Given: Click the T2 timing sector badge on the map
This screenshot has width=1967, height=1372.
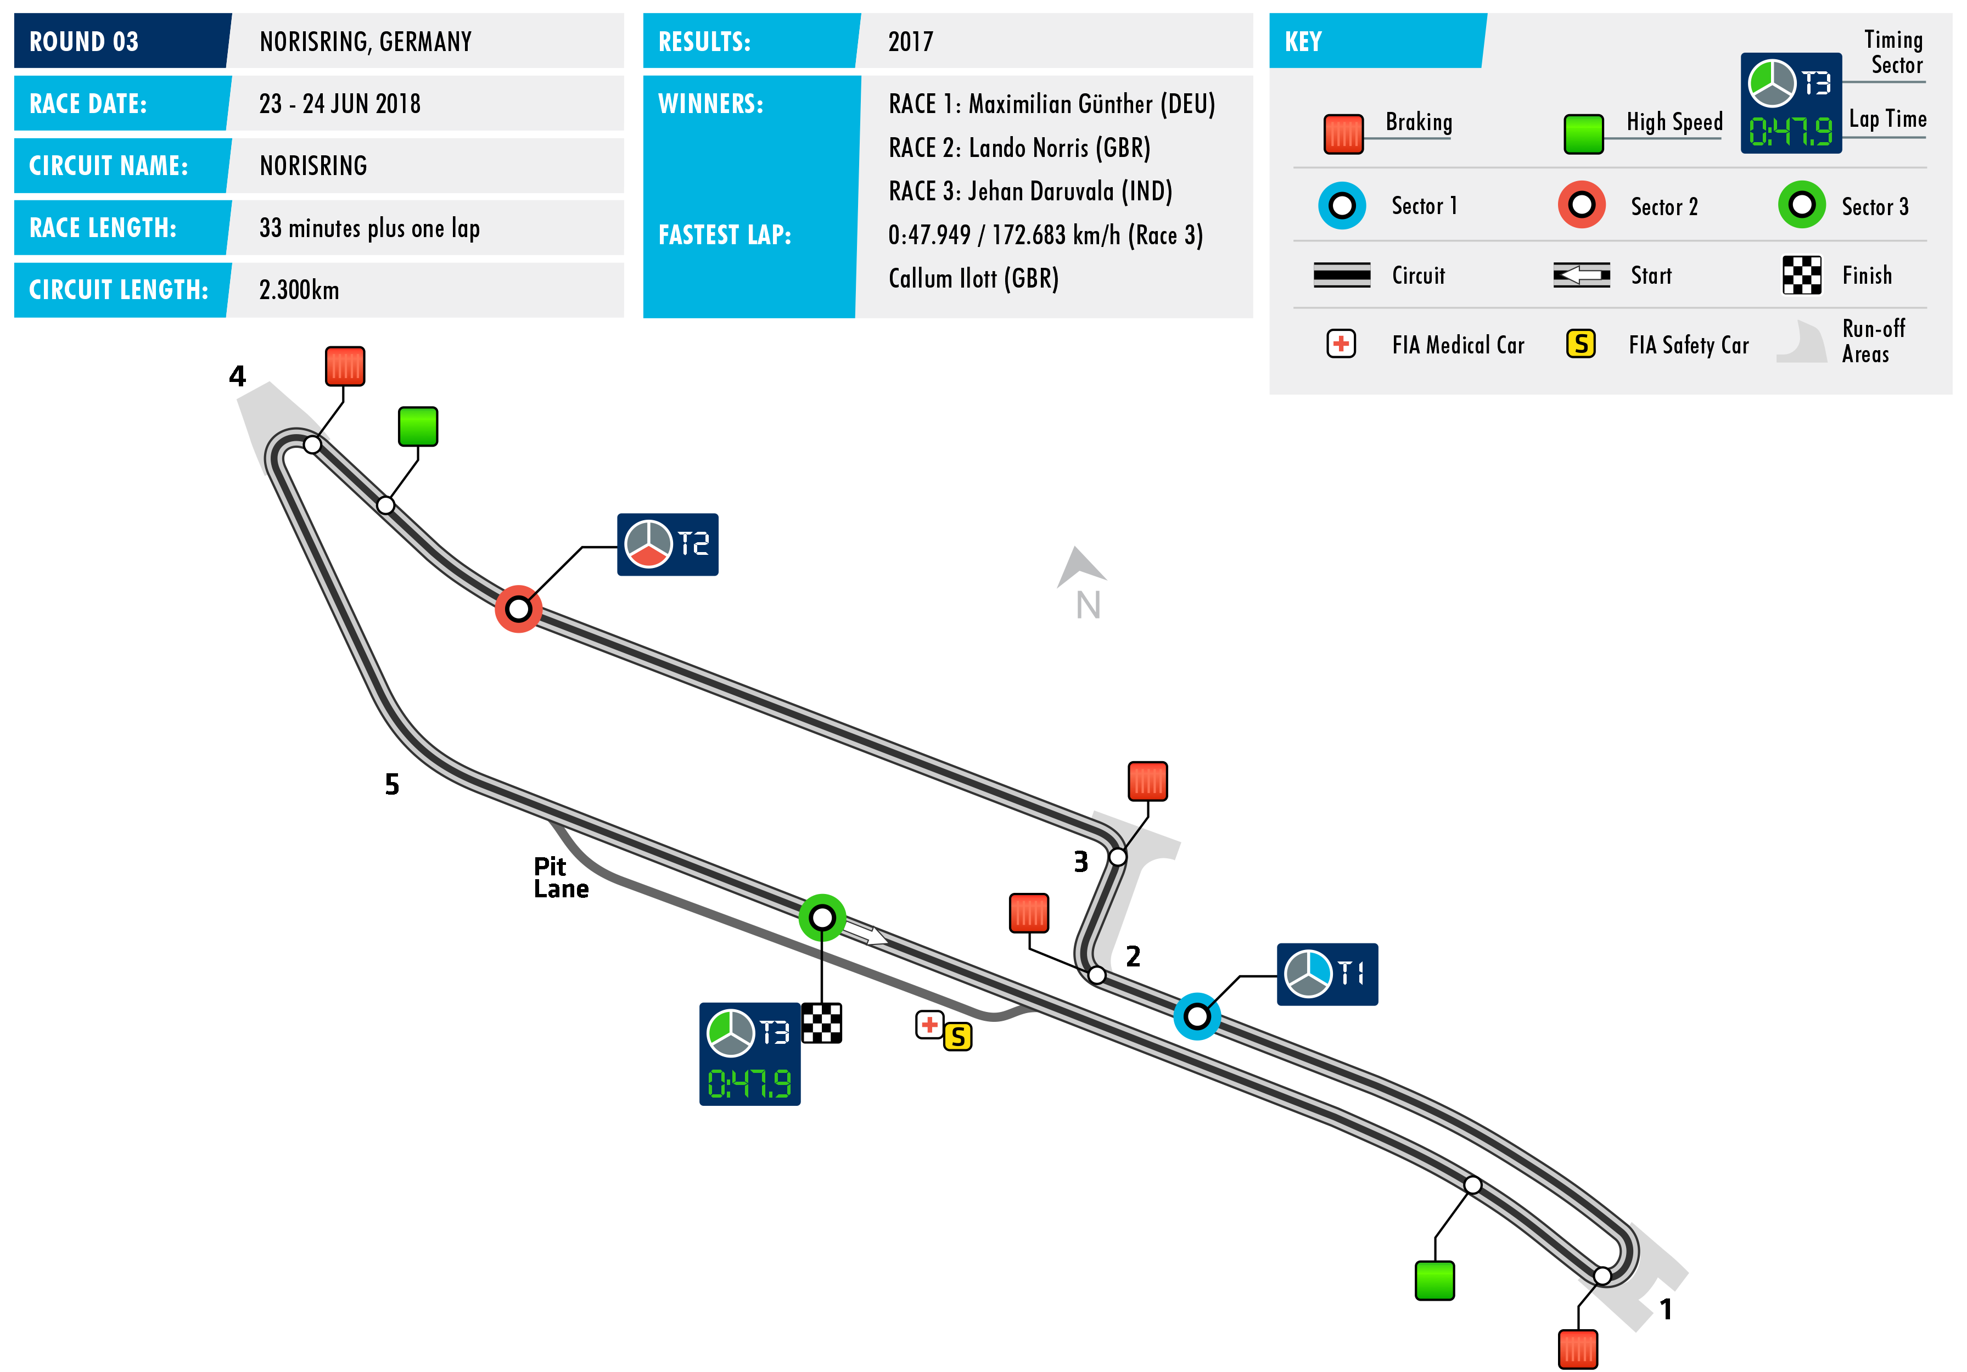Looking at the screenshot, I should click(x=668, y=545).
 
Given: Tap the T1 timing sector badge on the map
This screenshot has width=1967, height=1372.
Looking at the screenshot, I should click(x=1326, y=974).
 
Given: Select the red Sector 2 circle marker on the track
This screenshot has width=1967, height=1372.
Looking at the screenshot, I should click(x=518, y=609).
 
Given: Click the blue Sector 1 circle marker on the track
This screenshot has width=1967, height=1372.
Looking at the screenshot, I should click(x=1196, y=1016).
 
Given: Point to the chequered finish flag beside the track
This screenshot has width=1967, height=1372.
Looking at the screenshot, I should click(x=822, y=1022).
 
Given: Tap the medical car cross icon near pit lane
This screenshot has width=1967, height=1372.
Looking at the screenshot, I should click(x=929, y=1024).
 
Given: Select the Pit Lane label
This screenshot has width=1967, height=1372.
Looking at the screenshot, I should click(x=561, y=877).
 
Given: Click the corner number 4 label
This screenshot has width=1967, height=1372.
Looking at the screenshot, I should click(x=237, y=376).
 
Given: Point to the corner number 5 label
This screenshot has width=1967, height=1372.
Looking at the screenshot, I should click(x=391, y=784).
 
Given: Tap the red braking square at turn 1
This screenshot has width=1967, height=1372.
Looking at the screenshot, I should click(x=1577, y=1349).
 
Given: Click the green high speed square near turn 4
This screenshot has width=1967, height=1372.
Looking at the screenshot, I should click(x=418, y=426).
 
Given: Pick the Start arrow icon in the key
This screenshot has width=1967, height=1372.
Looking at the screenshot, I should click(x=1581, y=275).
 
